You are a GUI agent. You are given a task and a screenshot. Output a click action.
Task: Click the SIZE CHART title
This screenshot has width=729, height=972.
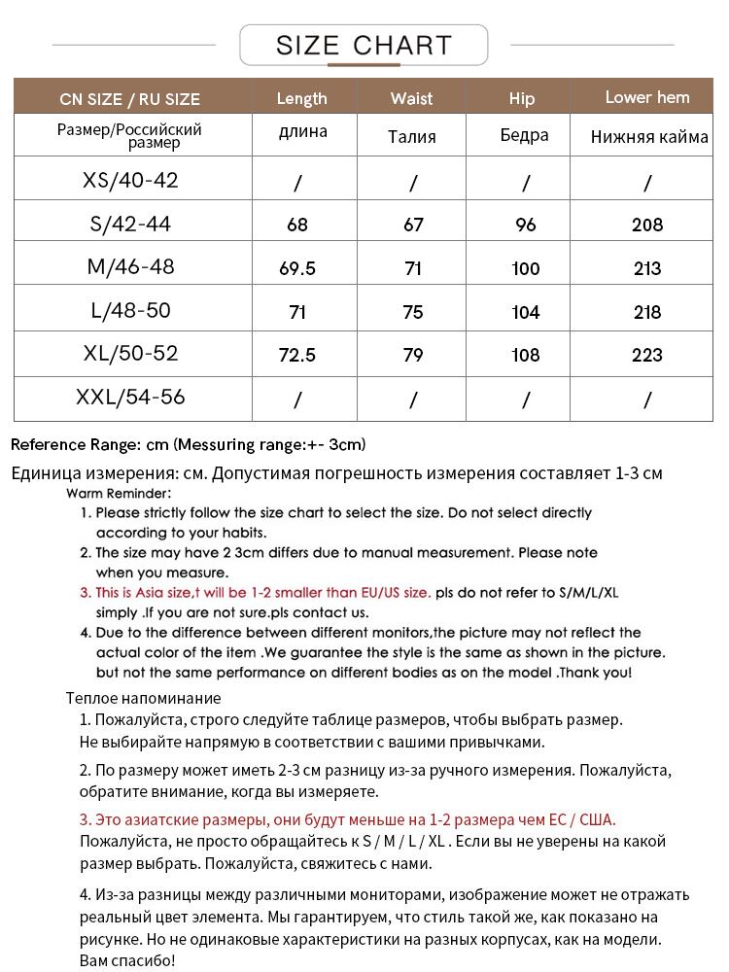(x=364, y=46)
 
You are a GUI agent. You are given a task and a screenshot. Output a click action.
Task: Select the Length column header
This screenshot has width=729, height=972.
(x=301, y=98)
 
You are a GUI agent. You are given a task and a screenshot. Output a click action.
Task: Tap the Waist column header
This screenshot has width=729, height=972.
(x=411, y=98)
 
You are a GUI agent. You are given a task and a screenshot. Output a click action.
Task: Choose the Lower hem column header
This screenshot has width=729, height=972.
(x=646, y=97)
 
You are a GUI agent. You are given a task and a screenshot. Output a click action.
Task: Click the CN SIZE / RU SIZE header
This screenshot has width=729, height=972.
(x=129, y=99)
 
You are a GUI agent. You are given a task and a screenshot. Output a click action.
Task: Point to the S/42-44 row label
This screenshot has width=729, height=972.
(x=130, y=224)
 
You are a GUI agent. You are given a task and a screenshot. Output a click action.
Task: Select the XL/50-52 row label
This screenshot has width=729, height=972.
(x=130, y=354)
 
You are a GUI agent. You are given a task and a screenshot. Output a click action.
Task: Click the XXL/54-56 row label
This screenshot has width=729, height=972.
(x=130, y=398)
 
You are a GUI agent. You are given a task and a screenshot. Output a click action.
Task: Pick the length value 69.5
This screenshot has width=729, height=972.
(x=297, y=268)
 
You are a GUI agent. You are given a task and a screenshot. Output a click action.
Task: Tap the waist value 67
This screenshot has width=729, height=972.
(x=413, y=225)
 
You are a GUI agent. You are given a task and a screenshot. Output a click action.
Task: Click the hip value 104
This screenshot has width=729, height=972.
(x=525, y=312)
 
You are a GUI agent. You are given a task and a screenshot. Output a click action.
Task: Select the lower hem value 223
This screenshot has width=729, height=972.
(x=646, y=355)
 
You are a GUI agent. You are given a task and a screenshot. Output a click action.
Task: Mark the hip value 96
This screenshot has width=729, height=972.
(x=525, y=225)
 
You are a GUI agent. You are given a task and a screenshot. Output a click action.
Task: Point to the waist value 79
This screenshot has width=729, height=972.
(x=413, y=355)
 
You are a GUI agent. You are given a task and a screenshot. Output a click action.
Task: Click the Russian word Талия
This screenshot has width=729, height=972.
(x=411, y=137)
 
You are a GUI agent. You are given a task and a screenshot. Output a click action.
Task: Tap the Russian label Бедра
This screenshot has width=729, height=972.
(x=524, y=136)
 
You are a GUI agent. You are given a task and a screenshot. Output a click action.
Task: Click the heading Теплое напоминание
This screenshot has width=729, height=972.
(x=143, y=698)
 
